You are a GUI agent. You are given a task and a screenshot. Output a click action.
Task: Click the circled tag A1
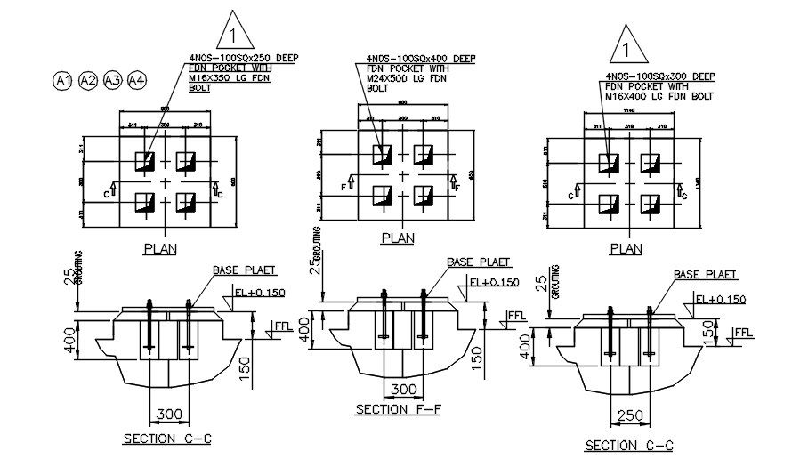coord(62,81)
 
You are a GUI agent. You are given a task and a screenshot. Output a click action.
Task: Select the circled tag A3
coord(112,81)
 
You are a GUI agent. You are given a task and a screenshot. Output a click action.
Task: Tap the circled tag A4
coord(136,81)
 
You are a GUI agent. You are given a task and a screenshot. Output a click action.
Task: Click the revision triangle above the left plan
coord(234,33)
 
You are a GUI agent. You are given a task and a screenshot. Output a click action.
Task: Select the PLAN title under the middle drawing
coord(398,238)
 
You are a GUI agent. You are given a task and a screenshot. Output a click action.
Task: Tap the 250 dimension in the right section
coord(627,416)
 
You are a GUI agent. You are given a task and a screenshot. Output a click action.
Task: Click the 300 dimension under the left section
coord(169,414)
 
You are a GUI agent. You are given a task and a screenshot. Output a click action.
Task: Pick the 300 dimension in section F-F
coord(404,389)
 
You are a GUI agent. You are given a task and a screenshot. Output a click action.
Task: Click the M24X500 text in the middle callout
coord(388,78)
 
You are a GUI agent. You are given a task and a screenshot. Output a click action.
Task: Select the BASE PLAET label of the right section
coord(699,275)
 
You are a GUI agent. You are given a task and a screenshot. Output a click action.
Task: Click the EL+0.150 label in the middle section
coord(493,282)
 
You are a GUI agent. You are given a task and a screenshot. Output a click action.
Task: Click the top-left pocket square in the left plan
coord(145,162)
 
